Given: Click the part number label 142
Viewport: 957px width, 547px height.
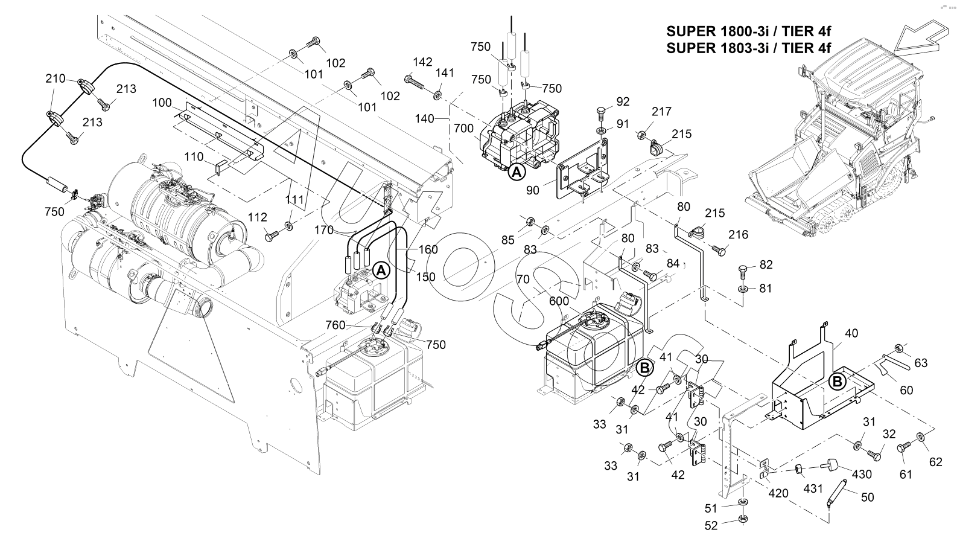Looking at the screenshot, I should pos(423,62).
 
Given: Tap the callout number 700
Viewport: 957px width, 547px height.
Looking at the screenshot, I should pos(464,129).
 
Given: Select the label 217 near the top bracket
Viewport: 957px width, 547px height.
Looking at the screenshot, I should pos(661,112).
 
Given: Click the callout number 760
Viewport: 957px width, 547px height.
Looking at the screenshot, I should pos(335,325).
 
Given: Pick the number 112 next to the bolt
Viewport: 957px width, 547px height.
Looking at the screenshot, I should pos(258,217).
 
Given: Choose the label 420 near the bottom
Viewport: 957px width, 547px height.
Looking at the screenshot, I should pos(778,493).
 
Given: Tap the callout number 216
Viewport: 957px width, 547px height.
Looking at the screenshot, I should pos(738,234).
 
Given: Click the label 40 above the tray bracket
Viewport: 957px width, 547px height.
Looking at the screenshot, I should pos(851,333).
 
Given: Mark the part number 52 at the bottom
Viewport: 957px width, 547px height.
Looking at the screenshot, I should pos(711,526).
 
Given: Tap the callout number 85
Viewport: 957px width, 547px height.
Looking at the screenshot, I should pos(508,240).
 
